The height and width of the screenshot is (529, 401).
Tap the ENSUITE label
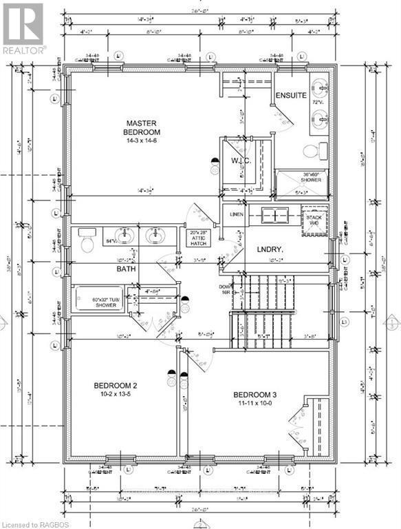(x=290, y=95)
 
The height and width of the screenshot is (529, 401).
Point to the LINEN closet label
(x=236, y=214)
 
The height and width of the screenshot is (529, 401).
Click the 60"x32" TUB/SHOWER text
(x=101, y=303)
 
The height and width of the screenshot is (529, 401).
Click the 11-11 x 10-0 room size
(x=248, y=400)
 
